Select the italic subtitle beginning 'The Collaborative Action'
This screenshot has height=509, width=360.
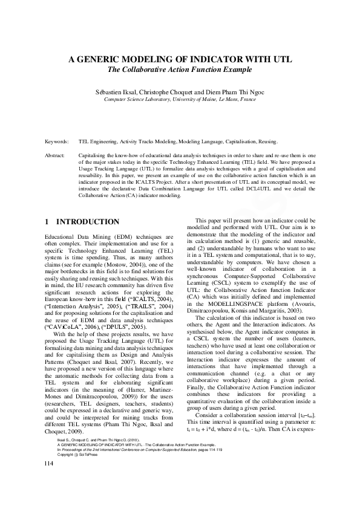[x=180, y=70]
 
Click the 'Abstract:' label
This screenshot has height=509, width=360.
[x=56, y=155]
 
